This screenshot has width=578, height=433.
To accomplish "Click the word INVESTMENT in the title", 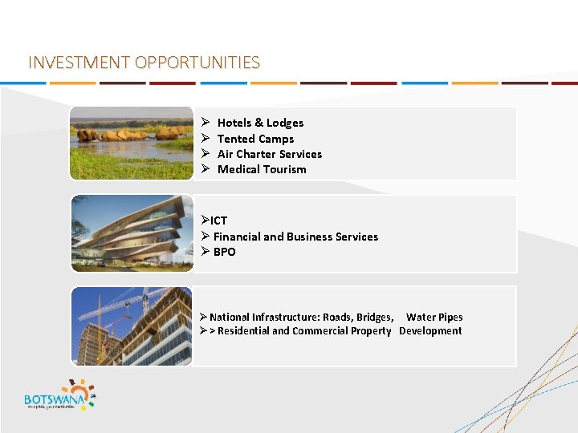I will [x=79, y=63].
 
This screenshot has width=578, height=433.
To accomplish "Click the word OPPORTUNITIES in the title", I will [x=197, y=63].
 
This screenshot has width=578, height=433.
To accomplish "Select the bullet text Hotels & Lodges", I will [x=260, y=123].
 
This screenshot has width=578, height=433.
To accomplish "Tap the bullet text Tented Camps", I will [x=255, y=139].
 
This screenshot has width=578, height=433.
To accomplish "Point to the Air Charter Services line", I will [x=269, y=154].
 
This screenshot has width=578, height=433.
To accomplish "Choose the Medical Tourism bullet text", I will [x=262, y=169].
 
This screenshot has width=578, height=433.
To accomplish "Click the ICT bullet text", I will [x=218, y=221].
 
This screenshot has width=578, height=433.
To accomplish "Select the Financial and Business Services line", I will [x=295, y=237].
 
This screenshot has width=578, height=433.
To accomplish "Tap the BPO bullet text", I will [x=224, y=252].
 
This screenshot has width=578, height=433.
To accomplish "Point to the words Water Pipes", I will [x=434, y=317].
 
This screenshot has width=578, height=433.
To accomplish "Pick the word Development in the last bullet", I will [x=430, y=330].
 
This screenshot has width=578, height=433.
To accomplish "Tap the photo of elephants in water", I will [x=132, y=143].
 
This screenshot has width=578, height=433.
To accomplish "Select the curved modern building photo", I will [x=132, y=233].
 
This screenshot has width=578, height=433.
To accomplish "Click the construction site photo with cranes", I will [x=132, y=326].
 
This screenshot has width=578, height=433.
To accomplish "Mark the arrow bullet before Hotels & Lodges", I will [x=206, y=123].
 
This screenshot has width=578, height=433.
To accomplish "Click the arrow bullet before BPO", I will [x=206, y=252].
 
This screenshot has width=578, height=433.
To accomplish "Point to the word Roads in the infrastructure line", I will [x=337, y=317].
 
